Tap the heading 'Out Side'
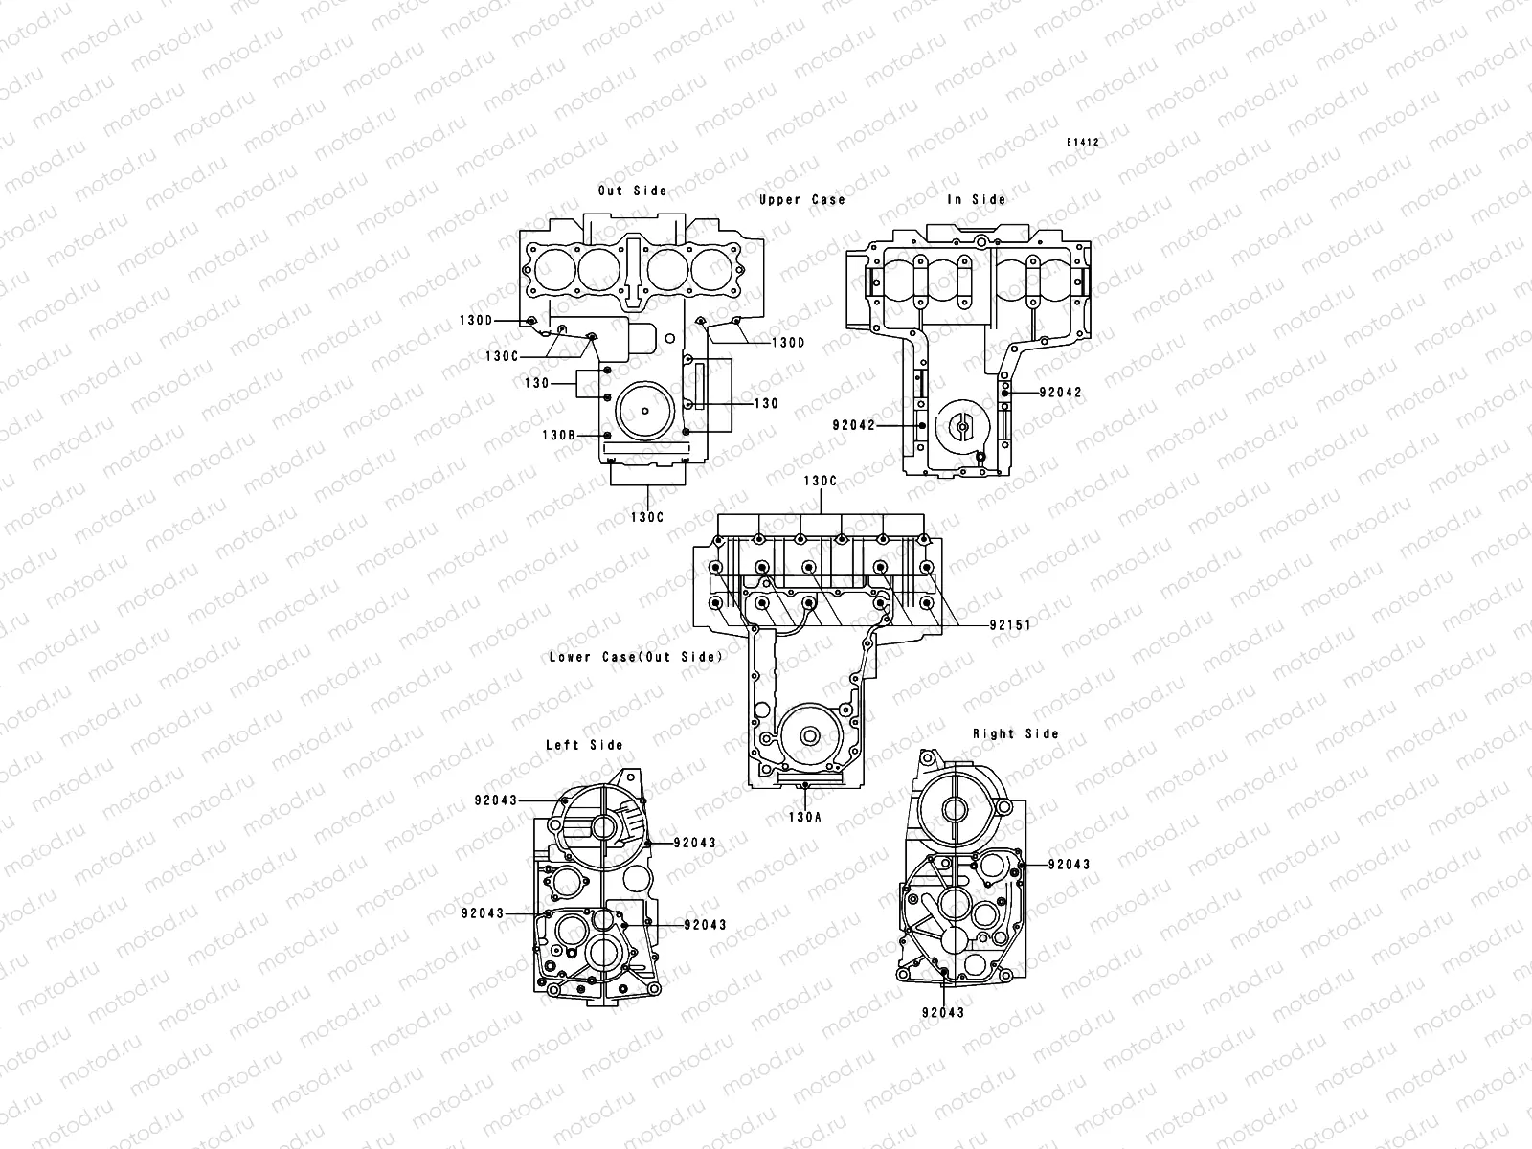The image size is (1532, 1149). (x=632, y=191)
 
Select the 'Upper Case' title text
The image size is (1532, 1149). (x=802, y=199)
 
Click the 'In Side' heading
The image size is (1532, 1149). (x=977, y=199)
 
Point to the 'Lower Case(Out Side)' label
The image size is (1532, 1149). (x=636, y=657)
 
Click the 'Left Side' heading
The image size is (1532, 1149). (x=584, y=745)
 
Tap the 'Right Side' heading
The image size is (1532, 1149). (x=1016, y=733)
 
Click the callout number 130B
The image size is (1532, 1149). (x=558, y=435)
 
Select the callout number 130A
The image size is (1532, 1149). (x=805, y=818)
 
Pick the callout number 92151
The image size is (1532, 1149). (x=1010, y=625)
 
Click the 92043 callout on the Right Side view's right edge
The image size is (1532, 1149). (x=1069, y=864)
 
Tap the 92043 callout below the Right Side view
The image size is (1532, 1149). (x=944, y=1012)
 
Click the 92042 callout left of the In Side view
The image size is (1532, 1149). (x=853, y=425)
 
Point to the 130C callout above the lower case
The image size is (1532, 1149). (x=820, y=481)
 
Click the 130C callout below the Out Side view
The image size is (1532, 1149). (x=647, y=517)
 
